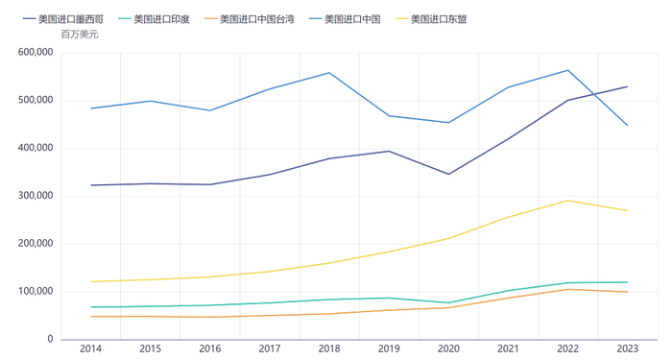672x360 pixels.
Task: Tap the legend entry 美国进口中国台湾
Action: tap(252, 19)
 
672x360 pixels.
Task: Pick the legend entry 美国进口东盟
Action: tap(437, 19)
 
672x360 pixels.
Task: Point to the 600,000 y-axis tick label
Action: tap(36, 53)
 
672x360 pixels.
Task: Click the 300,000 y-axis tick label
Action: tap(36, 196)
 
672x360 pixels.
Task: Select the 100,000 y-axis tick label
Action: tap(36, 292)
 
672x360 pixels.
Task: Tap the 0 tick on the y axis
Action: tap(49, 340)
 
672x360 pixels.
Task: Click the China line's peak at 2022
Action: tap(567, 70)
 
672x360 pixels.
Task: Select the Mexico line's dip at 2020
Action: tap(448, 174)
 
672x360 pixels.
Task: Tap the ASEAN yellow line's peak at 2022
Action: tap(567, 201)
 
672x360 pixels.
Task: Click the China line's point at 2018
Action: tap(329, 73)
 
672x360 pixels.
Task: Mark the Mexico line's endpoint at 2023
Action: tap(627, 86)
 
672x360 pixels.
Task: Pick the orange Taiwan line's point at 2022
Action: tap(567, 289)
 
